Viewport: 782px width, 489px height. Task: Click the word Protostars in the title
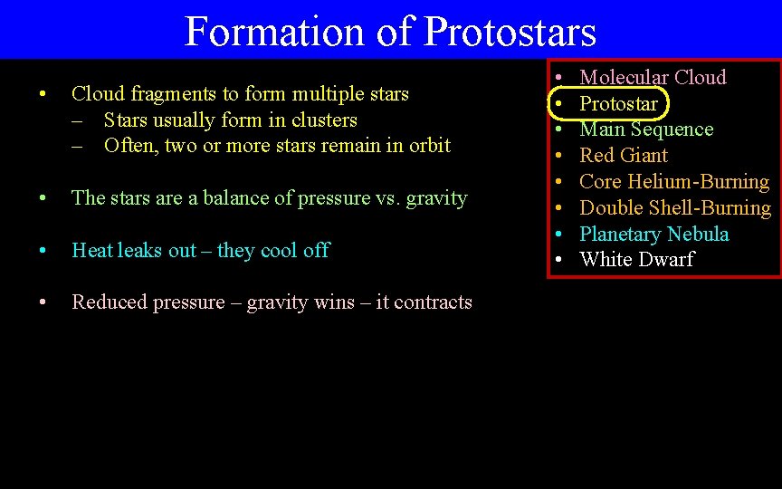pos(510,31)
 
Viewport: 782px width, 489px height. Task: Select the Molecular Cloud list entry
pos(653,77)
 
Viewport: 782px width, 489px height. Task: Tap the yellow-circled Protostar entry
pos(618,103)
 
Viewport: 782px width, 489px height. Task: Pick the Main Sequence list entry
pos(646,129)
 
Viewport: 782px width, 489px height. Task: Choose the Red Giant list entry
pos(624,155)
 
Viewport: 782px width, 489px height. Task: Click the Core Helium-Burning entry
pos(673,181)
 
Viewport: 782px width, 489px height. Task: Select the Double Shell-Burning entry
pos(674,207)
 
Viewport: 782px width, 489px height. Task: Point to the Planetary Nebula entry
pos(653,234)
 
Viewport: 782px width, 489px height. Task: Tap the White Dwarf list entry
pos(636,259)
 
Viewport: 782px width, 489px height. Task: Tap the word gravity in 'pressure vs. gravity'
pos(436,198)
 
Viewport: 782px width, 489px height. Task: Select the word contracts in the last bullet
pos(433,302)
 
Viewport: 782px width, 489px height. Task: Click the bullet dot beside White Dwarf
pos(560,260)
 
